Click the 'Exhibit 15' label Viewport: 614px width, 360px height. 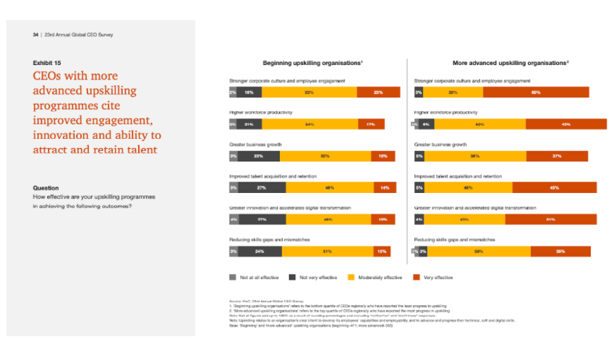tap(46, 63)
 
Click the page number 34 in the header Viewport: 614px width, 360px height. tap(35, 34)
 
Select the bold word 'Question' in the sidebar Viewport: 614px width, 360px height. tap(46, 188)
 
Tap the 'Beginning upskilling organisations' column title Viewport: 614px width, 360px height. tap(312, 63)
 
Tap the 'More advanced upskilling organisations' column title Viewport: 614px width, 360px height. tap(511, 63)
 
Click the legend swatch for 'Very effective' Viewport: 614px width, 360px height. tap(416, 276)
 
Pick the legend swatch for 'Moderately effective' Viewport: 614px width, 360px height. tap(351, 276)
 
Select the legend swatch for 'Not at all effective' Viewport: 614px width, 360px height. tap(233, 276)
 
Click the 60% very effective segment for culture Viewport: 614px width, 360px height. tap(536, 93)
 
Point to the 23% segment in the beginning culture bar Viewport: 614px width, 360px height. tap(378, 93)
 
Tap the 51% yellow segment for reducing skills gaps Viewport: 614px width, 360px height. tap(327, 252)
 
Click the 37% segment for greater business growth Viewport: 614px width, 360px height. tap(557, 156)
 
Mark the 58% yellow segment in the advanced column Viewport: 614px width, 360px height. tap(479, 252)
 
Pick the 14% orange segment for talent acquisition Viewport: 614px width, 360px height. tap(385, 188)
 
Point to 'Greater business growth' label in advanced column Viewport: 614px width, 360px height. tap(440, 145)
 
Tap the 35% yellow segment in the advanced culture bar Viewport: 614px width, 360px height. tap(453, 93)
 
